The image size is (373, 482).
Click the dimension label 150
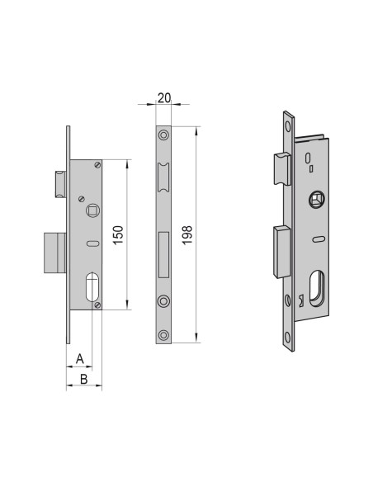click(x=118, y=234)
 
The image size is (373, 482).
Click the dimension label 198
click(x=188, y=234)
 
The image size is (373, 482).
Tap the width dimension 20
click(x=163, y=97)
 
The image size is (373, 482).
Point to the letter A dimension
click(x=79, y=358)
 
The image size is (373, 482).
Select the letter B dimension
click(x=83, y=379)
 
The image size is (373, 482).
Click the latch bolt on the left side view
click(x=59, y=183)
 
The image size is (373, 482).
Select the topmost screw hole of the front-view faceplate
click(x=163, y=134)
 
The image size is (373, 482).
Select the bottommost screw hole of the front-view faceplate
click(x=163, y=334)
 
